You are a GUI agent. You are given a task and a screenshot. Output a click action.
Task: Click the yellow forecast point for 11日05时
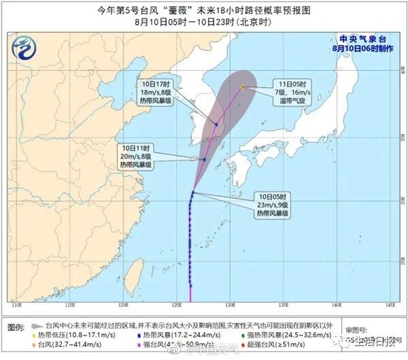[242, 87]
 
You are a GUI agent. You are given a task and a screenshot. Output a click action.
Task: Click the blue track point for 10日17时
[216, 125]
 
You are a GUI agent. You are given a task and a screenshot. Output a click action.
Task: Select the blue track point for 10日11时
[204, 160]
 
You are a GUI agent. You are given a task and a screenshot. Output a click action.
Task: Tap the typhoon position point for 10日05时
[192, 193]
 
